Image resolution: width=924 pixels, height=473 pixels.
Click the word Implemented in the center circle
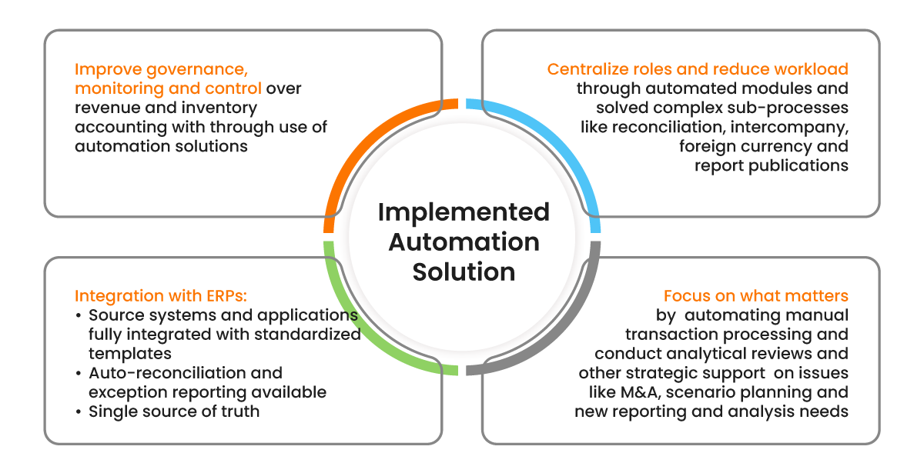pos(464,212)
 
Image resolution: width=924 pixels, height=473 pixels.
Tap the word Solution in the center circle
pos(464,271)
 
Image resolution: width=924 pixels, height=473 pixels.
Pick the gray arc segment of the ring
pos(566,338)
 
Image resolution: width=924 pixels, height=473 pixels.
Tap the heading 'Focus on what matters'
pos(755,296)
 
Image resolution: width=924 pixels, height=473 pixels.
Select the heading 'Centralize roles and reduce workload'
pos(698,69)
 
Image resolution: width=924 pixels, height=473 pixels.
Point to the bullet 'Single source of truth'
pos(174,411)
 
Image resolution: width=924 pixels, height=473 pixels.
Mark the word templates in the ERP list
pos(129,354)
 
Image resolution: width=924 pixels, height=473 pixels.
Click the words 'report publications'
pos(771,165)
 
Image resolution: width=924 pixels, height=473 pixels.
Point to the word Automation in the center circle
pos(464,241)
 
